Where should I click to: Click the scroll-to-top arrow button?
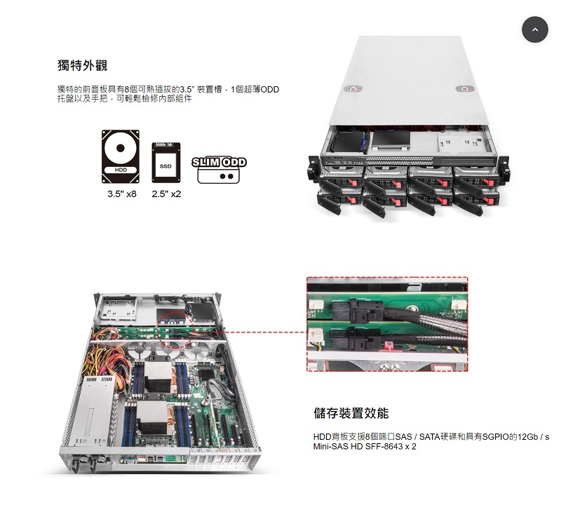(x=534, y=29)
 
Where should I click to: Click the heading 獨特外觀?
(x=82, y=65)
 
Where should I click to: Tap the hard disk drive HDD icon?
(x=121, y=156)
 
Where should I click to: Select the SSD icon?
(x=166, y=163)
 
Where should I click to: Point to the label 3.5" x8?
(x=121, y=194)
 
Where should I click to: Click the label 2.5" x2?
(x=166, y=194)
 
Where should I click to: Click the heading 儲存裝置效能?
(x=351, y=412)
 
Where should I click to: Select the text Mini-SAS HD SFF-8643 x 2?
(x=365, y=446)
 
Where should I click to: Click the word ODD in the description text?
(x=269, y=90)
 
